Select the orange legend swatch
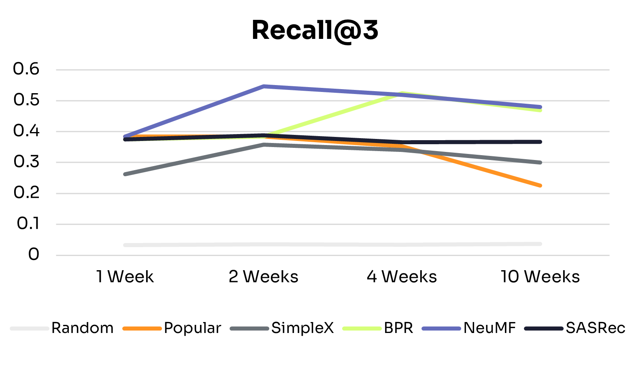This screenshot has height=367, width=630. pyautogui.click(x=142, y=329)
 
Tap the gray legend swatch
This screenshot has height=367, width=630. pyautogui.click(x=249, y=329)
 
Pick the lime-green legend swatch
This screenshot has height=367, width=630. pyautogui.click(x=362, y=329)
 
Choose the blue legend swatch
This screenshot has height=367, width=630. pyautogui.click(x=441, y=329)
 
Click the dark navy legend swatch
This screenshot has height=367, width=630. pyautogui.click(x=544, y=329)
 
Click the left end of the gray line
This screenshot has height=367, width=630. pyautogui.click(x=126, y=174)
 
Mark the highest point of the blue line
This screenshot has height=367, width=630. pyautogui.click(x=264, y=86)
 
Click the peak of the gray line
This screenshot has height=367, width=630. pyautogui.click(x=264, y=144)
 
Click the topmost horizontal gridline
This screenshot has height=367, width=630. pyautogui.click(x=332, y=70)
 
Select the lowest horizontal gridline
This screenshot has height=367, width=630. pyautogui.click(x=332, y=255)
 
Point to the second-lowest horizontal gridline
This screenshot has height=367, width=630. pyautogui.click(x=332, y=224)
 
